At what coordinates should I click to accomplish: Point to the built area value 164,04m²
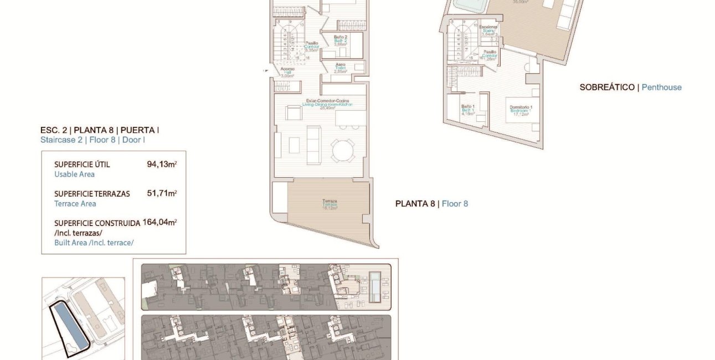(160, 223)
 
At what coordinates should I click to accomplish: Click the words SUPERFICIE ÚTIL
(82, 164)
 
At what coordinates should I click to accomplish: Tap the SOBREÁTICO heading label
(606, 88)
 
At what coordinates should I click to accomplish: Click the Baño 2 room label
(341, 38)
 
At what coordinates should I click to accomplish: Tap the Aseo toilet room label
(341, 64)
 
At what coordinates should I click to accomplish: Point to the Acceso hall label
(287, 69)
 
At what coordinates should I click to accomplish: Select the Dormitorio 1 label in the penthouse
(521, 107)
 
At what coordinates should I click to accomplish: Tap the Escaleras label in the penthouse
(488, 27)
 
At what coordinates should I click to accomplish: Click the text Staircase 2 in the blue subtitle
(62, 140)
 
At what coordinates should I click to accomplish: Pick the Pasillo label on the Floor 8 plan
(312, 43)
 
